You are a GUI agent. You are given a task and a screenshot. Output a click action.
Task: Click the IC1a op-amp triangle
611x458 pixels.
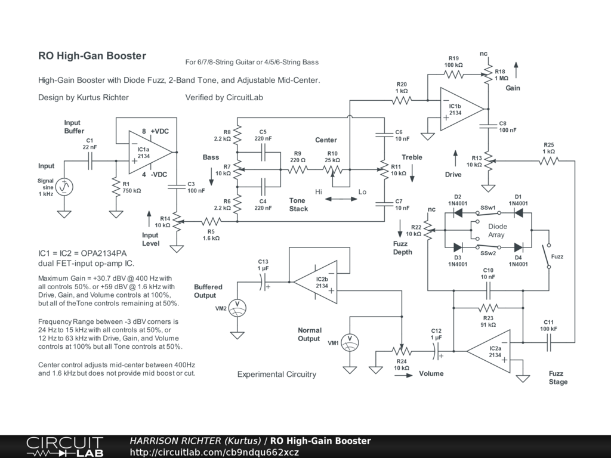tap(150, 152)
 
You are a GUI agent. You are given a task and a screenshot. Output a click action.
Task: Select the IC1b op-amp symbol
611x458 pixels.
tap(462, 109)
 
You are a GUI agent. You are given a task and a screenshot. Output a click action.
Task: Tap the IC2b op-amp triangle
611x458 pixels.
tap(316, 282)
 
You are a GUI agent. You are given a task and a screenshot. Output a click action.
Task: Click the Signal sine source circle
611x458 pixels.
tap(64, 187)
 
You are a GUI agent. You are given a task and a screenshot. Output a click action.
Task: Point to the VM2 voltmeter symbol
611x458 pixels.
tap(237, 308)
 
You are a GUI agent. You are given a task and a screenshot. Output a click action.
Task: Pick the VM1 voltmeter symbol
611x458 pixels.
tap(350, 343)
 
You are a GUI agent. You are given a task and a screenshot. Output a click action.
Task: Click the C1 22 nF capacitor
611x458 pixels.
tap(90, 160)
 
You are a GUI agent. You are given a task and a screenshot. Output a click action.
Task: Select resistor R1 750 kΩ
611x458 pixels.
tap(116, 187)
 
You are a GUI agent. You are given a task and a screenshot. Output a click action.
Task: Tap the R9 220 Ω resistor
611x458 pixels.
tap(298, 169)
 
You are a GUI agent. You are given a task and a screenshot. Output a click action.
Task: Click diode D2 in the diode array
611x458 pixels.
tap(458, 213)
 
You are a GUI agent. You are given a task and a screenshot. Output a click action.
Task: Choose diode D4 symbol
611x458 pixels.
tap(519, 247)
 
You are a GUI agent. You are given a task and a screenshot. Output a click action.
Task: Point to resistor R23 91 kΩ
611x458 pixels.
tap(488, 308)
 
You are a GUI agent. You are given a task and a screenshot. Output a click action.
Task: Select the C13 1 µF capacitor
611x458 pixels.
tap(263, 282)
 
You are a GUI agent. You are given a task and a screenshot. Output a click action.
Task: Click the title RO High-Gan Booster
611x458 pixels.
tap(92, 55)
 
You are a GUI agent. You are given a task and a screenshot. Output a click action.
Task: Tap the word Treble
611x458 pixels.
tap(412, 157)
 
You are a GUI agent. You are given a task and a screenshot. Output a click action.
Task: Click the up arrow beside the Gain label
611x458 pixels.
tap(516, 70)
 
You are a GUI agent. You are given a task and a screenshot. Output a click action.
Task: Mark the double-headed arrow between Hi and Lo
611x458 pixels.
tap(341, 199)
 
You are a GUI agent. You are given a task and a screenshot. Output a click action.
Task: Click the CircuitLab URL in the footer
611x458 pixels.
tap(214, 452)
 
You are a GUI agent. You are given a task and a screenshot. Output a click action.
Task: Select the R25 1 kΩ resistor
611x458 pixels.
tap(549, 160)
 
